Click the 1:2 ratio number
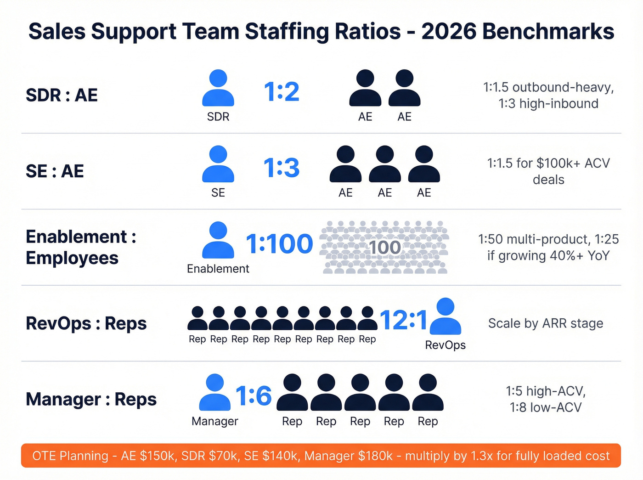pos(282,92)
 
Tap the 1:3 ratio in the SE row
pos(282,168)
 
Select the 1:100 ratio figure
pos(279,244)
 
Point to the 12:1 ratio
pos(404,320)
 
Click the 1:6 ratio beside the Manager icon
pos(254,395)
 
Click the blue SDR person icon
pos(218,88)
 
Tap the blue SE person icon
pos(218,164)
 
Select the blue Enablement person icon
pos(218,240)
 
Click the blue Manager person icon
pos(214,392)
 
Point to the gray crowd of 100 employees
pos(385,248)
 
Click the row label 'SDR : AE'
pos(62,96)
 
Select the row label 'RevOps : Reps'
pos(86,323)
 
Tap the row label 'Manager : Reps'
pos(91,399)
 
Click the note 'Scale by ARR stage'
pos(546,323)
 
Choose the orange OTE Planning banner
pos(321,456)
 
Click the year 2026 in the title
pos(449,32)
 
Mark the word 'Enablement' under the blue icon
pos(218,269)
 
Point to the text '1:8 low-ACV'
pos(546,407)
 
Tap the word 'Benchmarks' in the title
pos(548,32)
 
